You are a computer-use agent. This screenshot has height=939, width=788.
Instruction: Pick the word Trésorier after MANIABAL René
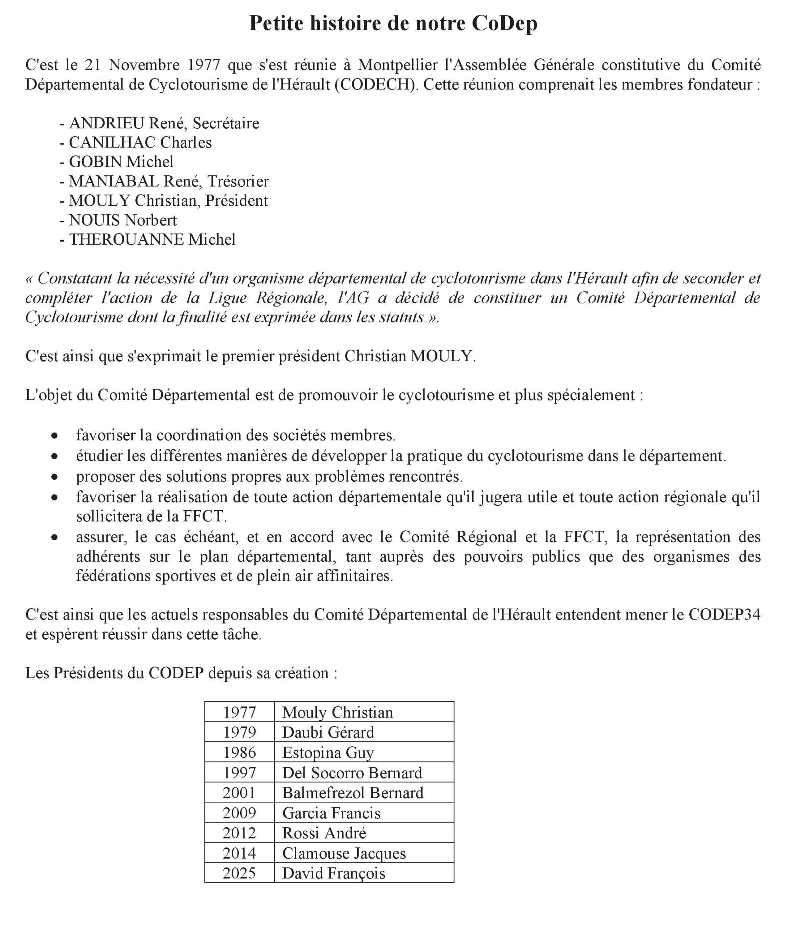click(238, 181)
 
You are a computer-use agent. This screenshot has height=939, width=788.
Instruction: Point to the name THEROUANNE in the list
click(126, 239)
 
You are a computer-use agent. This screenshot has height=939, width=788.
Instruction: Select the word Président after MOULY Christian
click(237, 201)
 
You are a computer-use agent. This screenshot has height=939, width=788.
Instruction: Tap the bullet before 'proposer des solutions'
click(55, 477)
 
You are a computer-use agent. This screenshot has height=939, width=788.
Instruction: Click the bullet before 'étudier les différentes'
click(55, 456)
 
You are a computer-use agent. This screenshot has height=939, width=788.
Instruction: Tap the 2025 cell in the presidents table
click(239, 873)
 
